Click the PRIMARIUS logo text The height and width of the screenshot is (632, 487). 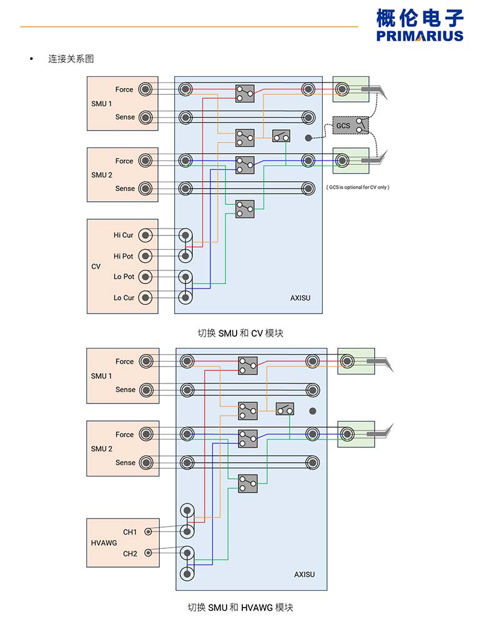[420, 36]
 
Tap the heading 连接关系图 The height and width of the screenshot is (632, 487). [71, 59]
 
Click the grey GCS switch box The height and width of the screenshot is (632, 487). [350, 125]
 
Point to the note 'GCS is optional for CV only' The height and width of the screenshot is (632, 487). [358, 187]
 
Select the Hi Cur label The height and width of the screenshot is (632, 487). [123, 235]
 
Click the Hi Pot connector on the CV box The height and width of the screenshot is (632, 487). [145, 256]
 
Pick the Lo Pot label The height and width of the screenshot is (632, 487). [124, 277]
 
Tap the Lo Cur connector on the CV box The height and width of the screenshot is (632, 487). [145, 298]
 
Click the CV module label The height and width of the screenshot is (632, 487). [96, 267]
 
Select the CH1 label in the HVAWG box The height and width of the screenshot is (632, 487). [130, 532]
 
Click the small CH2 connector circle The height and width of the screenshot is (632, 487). [148, 553]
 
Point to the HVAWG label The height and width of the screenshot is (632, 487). [104, 543]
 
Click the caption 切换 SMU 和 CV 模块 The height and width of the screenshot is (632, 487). [240, 333]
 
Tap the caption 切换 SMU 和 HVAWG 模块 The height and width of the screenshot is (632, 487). [240, 607]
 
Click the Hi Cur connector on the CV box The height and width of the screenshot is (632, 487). [145, 235]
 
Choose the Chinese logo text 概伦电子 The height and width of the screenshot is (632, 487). [420, 17]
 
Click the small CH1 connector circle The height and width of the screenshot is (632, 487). [148, 532]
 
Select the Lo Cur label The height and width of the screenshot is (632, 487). [124, 298]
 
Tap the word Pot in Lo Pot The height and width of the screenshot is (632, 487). [128, 277]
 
